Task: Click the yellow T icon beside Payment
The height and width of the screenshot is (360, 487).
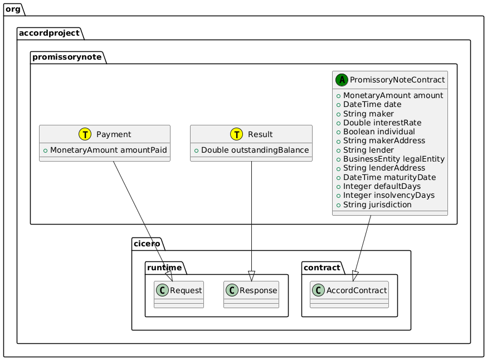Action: click(85, 134)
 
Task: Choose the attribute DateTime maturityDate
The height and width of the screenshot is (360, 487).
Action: click(387, 177)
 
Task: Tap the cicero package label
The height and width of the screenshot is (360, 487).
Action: click(147, 244)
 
